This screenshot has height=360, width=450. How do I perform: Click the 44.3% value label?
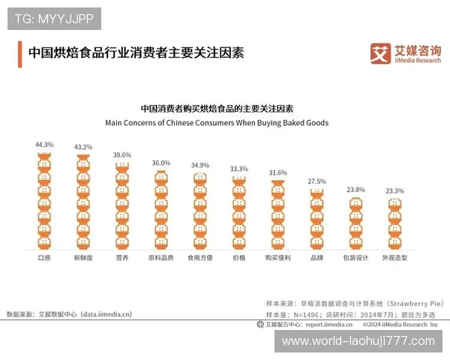[44, 144]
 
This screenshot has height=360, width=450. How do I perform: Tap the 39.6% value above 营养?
[122, 154]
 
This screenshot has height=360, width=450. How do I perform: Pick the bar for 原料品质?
[161, 210]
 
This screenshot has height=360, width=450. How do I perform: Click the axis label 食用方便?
[200, 257]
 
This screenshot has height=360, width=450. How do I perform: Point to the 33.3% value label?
[239, 169]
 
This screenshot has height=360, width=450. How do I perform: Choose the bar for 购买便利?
[278, 214]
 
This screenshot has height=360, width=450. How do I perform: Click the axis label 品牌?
[317, 257]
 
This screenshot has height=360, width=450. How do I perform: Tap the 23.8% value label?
[355, 190]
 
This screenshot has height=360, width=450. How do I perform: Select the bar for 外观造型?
[394, 225]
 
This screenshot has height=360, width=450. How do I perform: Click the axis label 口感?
[44, 257]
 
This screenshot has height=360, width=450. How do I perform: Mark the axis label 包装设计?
[355, 257]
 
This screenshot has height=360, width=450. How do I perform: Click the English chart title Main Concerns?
[217, 122]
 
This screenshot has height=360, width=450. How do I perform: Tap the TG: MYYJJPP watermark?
[53, 18]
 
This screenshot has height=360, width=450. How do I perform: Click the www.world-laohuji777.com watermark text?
[358, 341]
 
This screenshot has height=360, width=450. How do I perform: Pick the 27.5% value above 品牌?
[317, 181]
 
